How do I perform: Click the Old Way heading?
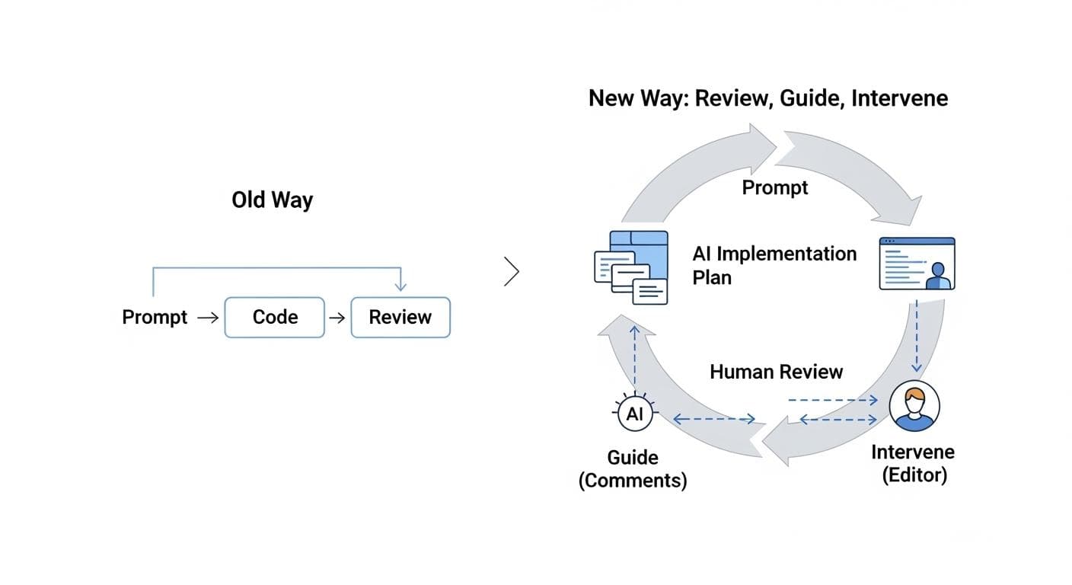tap(272, 200)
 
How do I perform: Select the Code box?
tap(275, 318)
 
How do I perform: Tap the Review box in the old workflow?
tap(400, 318)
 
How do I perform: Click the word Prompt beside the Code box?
tap(155, 318)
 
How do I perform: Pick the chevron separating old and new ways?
tap(512, 272)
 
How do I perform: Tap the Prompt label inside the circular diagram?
tap(775, 187)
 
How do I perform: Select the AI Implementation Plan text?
tap(774, 265)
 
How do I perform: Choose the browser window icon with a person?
tap(917, 264)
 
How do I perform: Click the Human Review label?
tap(776, 372)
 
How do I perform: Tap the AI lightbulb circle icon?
tap(634, 414)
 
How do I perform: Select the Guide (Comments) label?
tap(633, 469)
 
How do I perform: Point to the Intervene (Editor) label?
tap(913, 463)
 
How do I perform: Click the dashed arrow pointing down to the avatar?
tap(917, 335)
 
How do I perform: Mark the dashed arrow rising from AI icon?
tap(634, 358)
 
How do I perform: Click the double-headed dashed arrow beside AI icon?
tap(714, 418)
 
